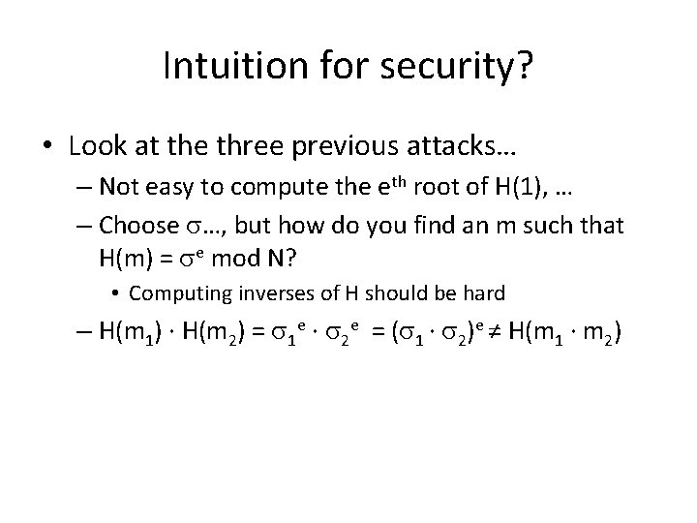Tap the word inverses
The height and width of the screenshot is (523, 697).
coord(262,292)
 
